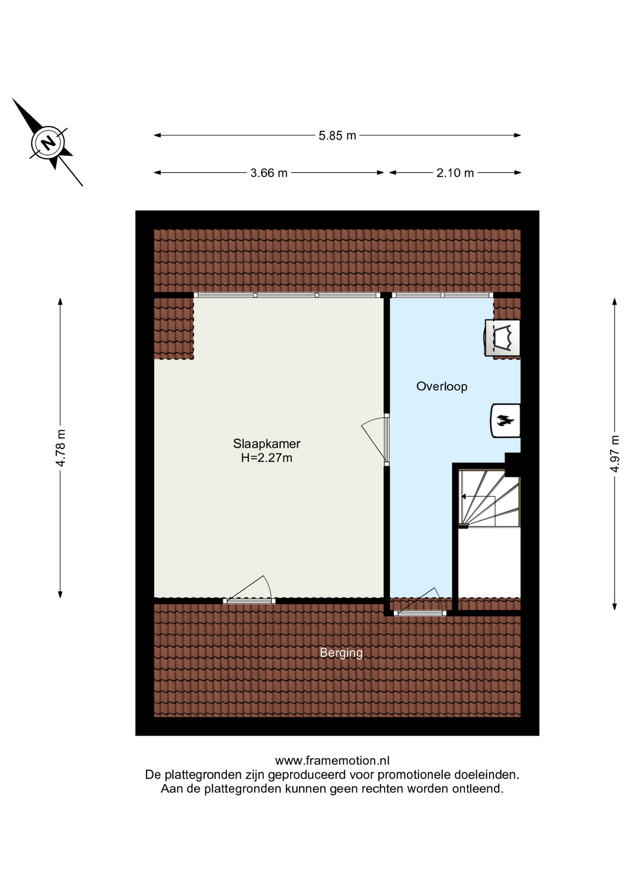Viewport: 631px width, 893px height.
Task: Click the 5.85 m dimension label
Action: [337, 135]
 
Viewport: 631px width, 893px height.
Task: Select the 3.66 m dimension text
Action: [269, 173]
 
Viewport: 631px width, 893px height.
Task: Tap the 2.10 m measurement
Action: [455, 173]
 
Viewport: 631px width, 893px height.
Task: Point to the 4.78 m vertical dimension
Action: [60, 447]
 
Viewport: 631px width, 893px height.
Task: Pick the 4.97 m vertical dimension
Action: [615, 453]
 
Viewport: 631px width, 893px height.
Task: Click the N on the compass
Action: [47, 142]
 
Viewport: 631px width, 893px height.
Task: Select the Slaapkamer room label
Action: [267, 443]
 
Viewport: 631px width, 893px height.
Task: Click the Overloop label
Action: [442, 386]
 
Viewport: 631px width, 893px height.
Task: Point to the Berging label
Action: [341, 653]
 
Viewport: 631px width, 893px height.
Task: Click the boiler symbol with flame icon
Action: [506, 420]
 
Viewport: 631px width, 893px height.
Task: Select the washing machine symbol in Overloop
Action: [502, 338]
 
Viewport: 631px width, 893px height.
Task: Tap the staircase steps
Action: [489, 498]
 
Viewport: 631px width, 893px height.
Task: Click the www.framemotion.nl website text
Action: [332, 760]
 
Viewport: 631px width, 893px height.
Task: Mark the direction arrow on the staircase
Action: [478, 497]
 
